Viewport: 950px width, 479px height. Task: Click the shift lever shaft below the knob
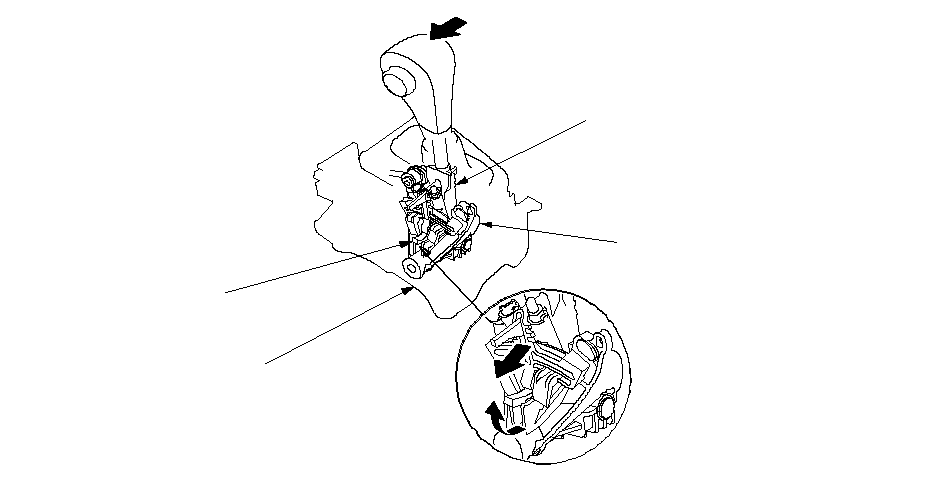(x=440, y=145)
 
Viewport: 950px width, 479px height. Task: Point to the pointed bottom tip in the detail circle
(x=541, y=457)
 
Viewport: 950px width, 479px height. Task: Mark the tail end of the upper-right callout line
(x=588, y=119)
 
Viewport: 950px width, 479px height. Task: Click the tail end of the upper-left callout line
(x=226, y=293)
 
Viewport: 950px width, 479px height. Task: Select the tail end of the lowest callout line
(x=265, y=364)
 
